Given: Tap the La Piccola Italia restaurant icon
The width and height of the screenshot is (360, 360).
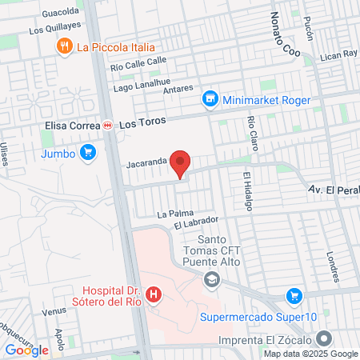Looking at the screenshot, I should coord(65,47).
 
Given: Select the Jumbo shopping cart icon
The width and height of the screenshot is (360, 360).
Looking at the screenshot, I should coord(88,153).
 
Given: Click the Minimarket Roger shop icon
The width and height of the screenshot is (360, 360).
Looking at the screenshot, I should coord(210,99).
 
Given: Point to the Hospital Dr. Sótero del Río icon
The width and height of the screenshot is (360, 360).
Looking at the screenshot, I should coord(153,295).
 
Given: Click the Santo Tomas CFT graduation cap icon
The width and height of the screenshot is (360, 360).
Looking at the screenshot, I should coord(211,279).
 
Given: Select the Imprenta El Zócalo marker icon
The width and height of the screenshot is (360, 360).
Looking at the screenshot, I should coord(323,339).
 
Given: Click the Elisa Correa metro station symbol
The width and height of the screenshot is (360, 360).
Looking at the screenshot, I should coord(107,126).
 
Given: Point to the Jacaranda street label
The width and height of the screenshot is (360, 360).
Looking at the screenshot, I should coord(145,161).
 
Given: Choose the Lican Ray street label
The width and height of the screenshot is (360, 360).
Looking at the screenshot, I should coord(337,54).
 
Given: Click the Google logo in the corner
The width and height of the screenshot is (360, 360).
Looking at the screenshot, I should coord(26,350).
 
